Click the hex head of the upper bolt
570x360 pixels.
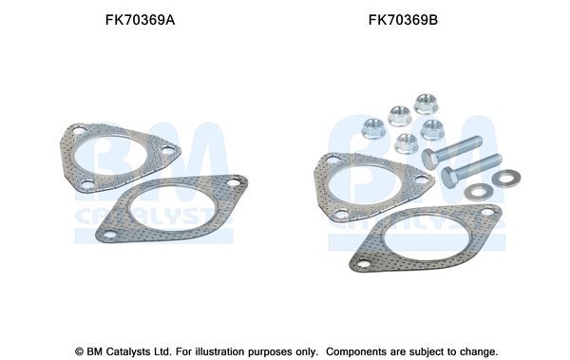[429, 159]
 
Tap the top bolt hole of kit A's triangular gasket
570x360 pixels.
[80, 132]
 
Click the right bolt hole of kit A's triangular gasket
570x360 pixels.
[168, 149]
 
